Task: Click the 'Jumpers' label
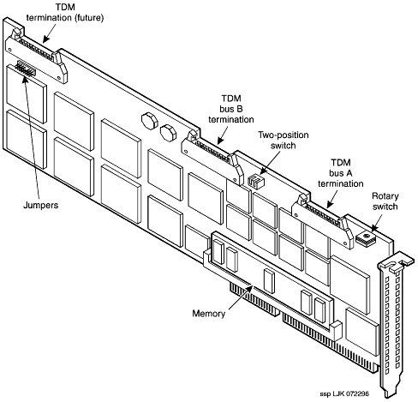(x=40, y=206)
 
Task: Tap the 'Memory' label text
(x=209, y=314)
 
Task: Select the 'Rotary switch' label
(x=385, y=201)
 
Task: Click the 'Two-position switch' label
(x=284, y=140)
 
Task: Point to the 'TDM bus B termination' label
(x=231, y=109)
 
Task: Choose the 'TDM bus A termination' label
(x=341, y=173)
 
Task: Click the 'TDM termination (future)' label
(x=65, y=13)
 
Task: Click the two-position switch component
(x=256, y=181)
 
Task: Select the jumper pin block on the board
(x=26, y=69)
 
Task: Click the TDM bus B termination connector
(x=212, y=156)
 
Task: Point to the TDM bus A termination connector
(x=323, y=221)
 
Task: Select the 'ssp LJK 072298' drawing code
(x=344, y=393)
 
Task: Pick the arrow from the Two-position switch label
(x=270, y=163)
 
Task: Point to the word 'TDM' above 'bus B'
(x=231, y=99)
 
